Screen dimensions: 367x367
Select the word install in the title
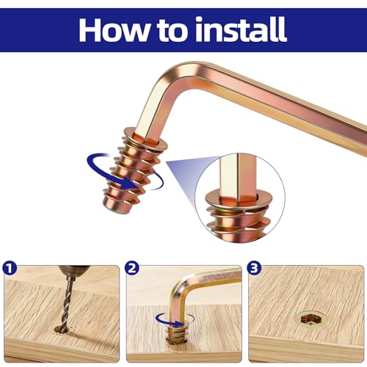point(241,29)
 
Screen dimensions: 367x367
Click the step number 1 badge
point(10,269)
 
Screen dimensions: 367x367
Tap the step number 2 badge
point(131,269)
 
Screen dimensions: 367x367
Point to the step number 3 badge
point(254,269)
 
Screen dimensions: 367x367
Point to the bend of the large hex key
point(171,81)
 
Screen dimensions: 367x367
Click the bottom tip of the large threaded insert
point(115,208)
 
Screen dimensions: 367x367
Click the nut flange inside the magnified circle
point(237,199)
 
